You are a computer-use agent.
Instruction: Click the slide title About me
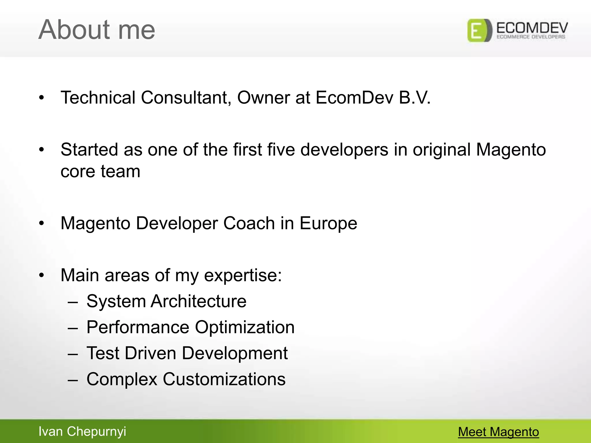coord(97,29)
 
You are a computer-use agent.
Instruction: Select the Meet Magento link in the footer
coord(498,432)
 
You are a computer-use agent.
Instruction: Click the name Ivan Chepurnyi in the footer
coord(82,431)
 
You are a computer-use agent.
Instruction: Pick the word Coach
coord(249,223)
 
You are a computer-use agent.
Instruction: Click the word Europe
coord(328,224)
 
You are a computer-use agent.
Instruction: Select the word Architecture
coord(199,301)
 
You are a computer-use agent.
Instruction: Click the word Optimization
coord(245,328)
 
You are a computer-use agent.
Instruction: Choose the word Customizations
coord(224,379)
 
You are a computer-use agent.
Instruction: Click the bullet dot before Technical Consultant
coord(42,98)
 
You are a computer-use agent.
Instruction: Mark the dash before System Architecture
coord(73,302)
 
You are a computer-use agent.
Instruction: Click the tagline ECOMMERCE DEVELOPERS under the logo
coord(531,37)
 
